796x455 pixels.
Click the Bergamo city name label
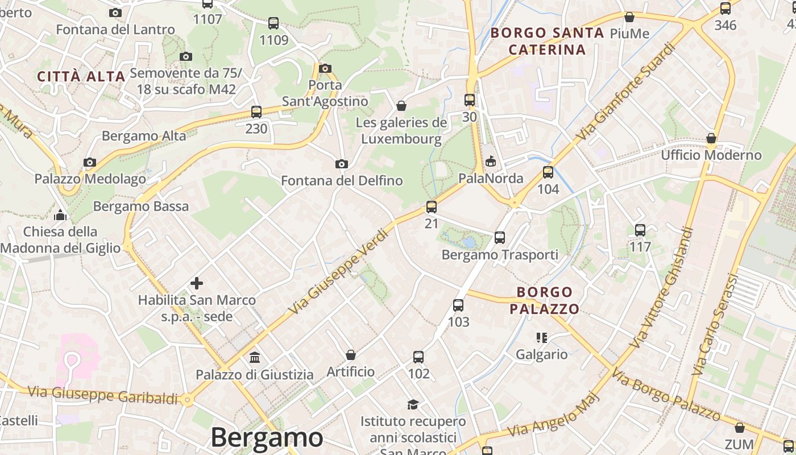(x=267, y=437)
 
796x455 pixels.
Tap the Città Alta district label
(x=81, y=77)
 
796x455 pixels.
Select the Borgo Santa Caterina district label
(x=547, y=41)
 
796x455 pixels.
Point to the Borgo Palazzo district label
(x=544, y=300)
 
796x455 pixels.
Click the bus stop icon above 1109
(x=273, y=23)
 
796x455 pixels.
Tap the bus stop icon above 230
(x=256, y=112)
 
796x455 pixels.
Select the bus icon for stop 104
(x=548, y=172)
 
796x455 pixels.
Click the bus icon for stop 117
(x=640, y=230)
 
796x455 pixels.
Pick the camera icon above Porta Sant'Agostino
(x=325, y=69)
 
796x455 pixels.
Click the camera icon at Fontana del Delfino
(x=342, y=164)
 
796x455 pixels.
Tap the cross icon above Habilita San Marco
(x=197, y=283)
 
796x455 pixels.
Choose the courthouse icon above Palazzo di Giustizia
(x=255, y=358)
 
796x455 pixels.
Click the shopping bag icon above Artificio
(x=351, y=355)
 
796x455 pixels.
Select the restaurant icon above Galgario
(x=541, y=338)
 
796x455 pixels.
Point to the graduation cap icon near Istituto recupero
(x=413, y=404)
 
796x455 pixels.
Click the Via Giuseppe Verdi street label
(x=338, y=271)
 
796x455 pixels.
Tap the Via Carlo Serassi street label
(x=714, y=325)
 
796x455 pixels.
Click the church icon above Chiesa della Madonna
(x=60, y=215)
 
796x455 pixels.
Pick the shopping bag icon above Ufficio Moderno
(x=711, y=139)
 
